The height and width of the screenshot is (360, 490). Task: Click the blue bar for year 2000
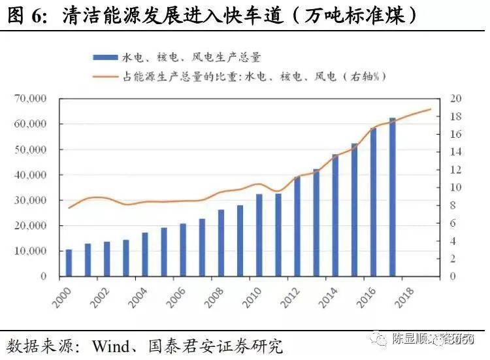(x=69, y=263)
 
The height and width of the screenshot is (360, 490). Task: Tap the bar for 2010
(x=259, y=235)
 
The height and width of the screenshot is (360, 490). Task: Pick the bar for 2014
(x=335, y=215)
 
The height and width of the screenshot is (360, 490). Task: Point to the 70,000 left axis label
(x=30, y=99)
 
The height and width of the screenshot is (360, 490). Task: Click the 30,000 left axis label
(x=30, y=201)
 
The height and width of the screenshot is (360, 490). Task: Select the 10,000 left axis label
(x=30, y=252)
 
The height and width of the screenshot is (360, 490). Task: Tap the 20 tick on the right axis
(x=455, y=99)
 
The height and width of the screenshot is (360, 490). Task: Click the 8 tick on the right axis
(x=453, y=205)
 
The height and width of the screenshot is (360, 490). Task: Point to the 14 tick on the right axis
(x=455, y=152)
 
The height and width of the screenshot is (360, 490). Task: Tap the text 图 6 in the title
(x=25, y=14)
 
